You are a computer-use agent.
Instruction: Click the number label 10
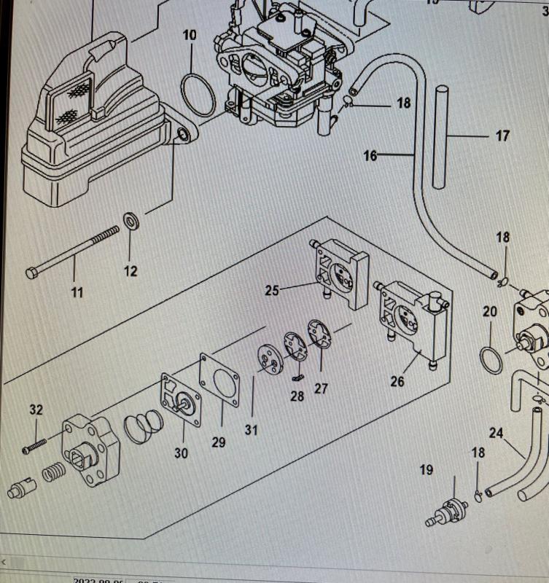[x=190, y=35]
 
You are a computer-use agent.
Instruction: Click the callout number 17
[x=502, y=136]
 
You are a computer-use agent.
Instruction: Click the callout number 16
[x=370, y=155]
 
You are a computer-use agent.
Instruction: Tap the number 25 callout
[x=272, y=291]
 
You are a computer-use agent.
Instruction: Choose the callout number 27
[x=321, y=388]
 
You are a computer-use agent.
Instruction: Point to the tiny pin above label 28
[x=297, y=377]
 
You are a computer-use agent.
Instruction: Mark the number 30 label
[x=181, y=453]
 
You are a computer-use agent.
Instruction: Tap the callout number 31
[x=251, y=430]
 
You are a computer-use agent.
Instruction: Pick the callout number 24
[x=496, y=433]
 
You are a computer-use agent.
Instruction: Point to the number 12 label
[x=130, y=272]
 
